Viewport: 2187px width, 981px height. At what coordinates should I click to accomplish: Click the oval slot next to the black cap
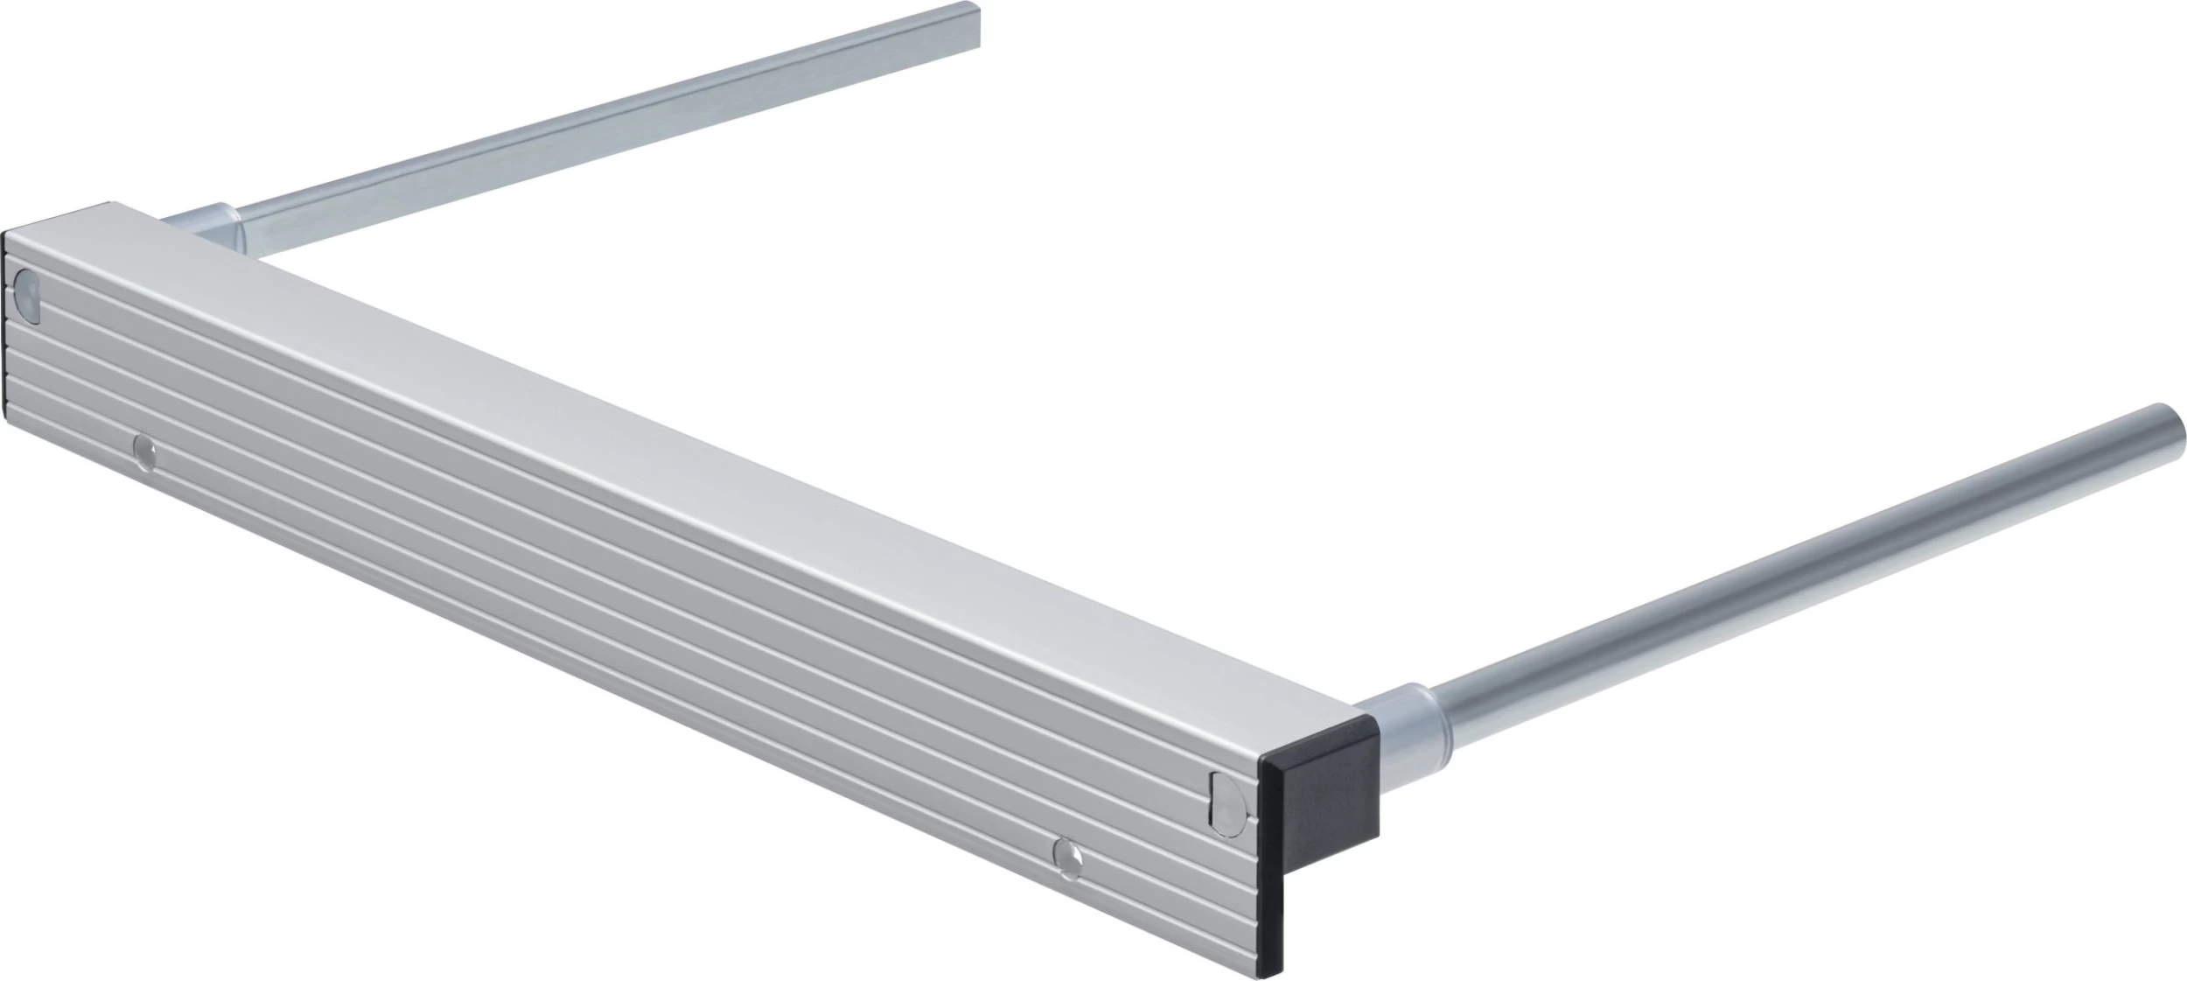click(x=1226, y=800)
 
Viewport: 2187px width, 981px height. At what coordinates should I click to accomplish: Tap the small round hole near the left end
click(x=144, y=452)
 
